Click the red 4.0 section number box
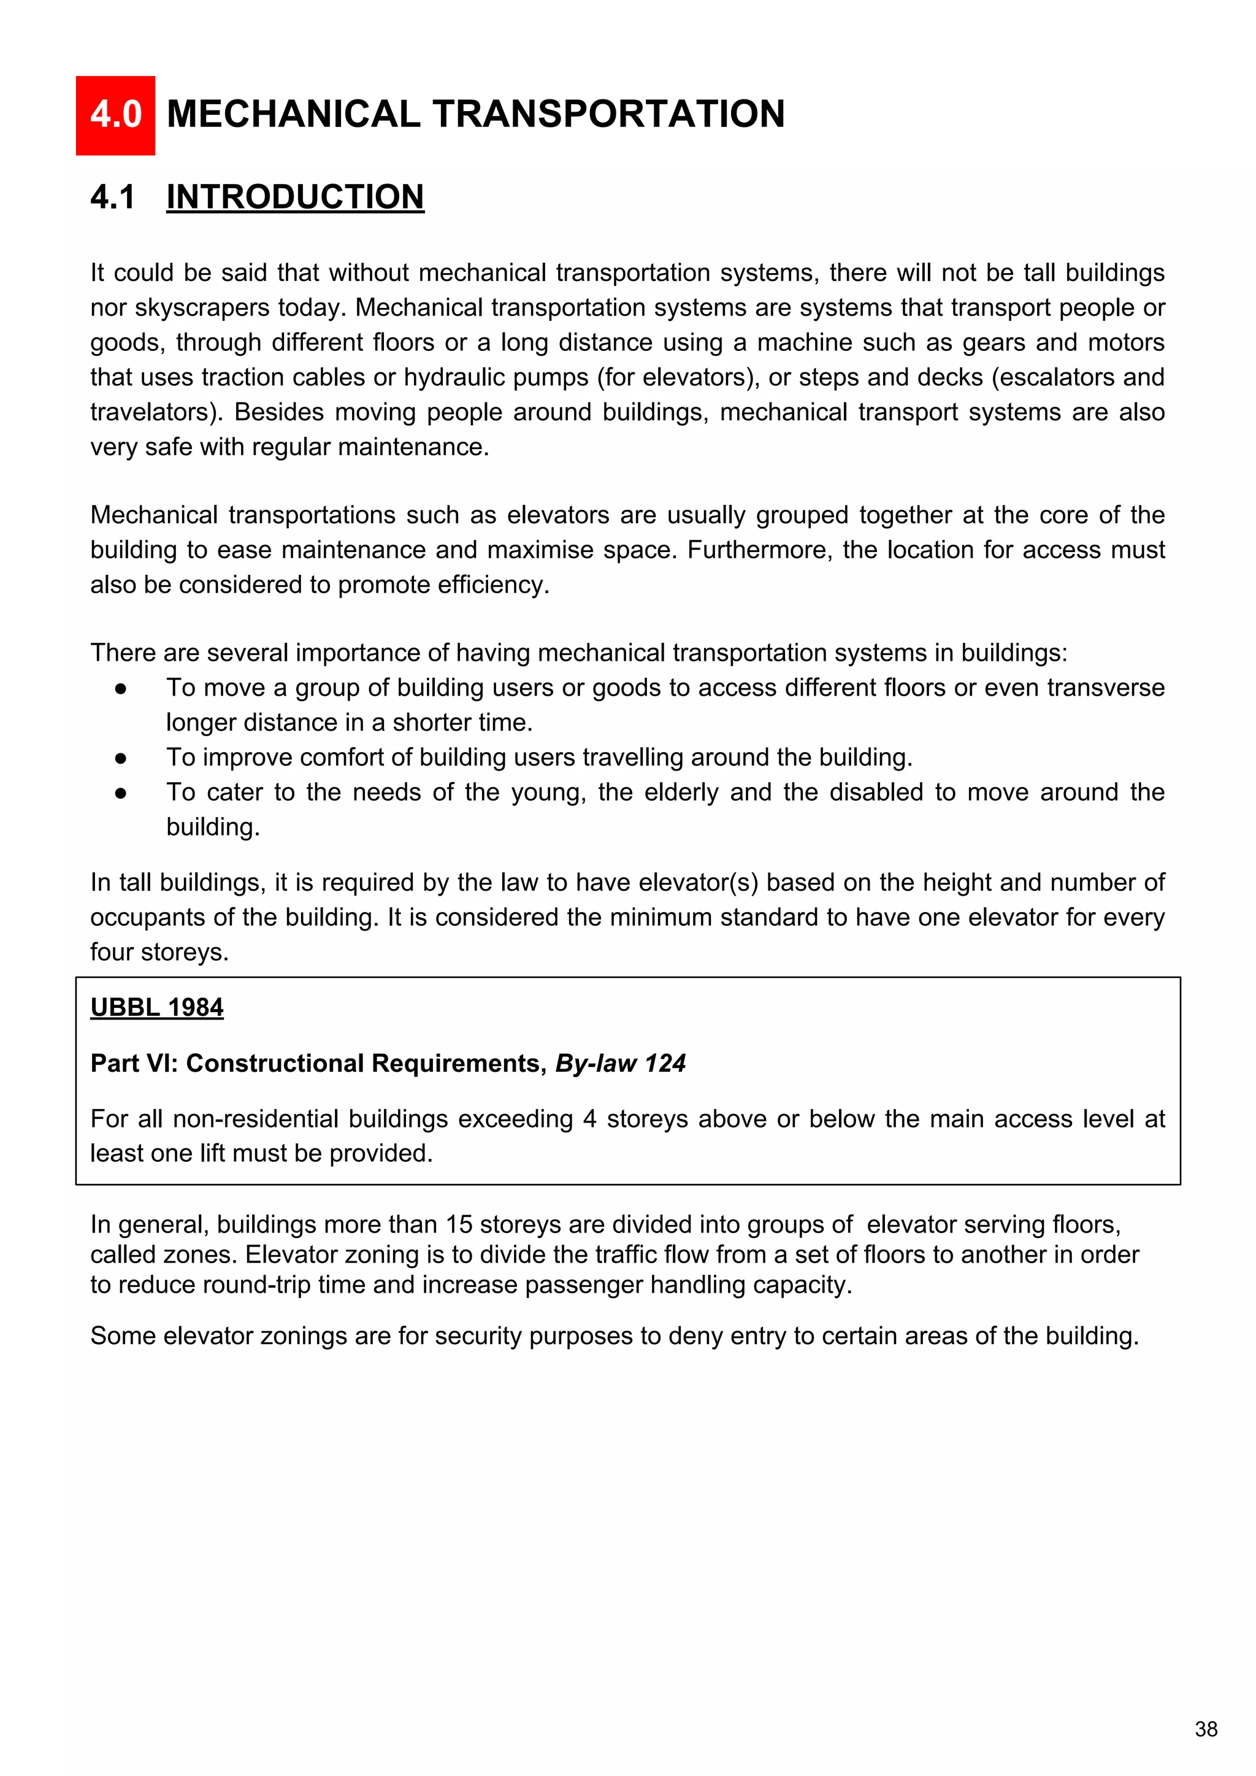[x=115, y=115]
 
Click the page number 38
[x=1206, y=1729]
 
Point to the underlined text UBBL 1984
[x=157, y=1007]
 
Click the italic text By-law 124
[x=620, y=1064]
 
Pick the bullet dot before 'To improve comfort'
[x=121, y=758]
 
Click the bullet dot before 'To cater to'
[x=121, y=793]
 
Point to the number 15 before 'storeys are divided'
[x=460, y=1224]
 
